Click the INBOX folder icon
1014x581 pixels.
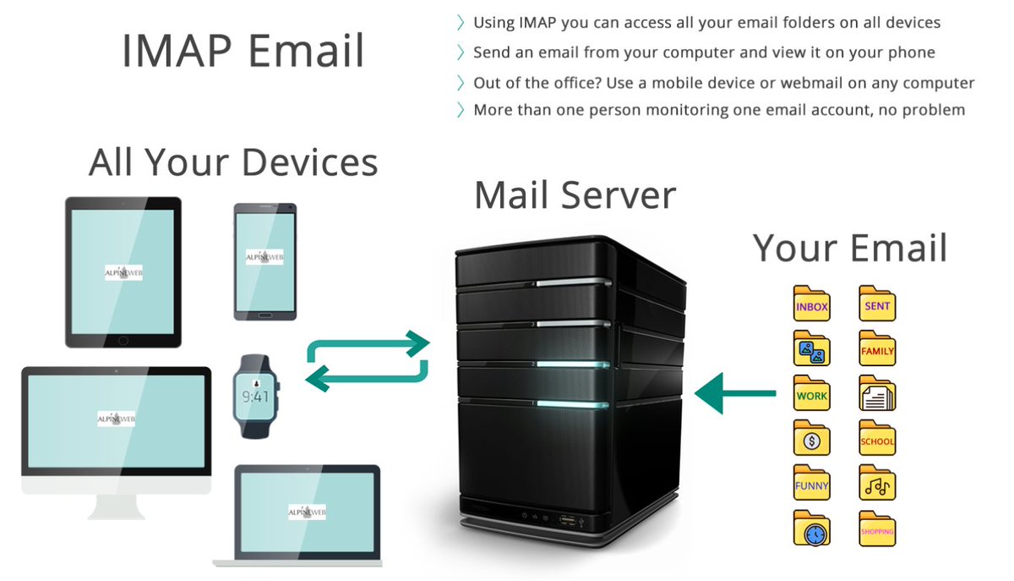(x=811, y=304)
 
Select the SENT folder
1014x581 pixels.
(x=877, y=304)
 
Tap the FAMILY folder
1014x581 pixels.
(x=877, y=349)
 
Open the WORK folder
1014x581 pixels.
(x=811, y=394)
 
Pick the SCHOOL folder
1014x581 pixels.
(x=877, y=440)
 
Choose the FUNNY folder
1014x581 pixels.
(x=811, y=485)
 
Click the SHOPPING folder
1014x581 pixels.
(x=877, y=529)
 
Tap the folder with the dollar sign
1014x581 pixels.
(x=811, y=440)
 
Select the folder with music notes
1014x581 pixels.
(x=877, y=485)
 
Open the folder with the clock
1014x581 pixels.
(x=811, y=529)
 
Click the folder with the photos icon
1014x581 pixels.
(x=811, y=349)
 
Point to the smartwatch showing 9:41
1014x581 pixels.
(x=256, y=395)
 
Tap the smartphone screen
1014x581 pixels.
(x=264, y=260)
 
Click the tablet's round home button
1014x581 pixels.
(x=123, y=340)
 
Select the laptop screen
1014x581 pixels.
(x=307, y=512)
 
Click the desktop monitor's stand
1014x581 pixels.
(x=117, y=505)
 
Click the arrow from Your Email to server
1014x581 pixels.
(x=735, y=392)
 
